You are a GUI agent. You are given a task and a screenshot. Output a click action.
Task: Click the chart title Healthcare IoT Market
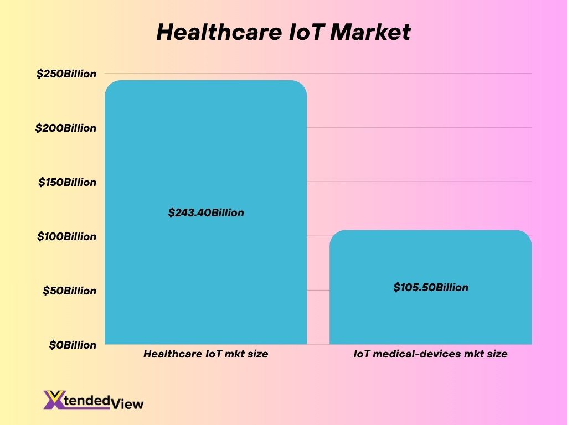pyautogui.click(x=283, y=32)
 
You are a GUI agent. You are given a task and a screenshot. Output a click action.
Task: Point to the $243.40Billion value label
pyautogui.click(x=206, y=212)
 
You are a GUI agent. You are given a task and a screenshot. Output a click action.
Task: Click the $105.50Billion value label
pyautogui.click(x=431, y=287)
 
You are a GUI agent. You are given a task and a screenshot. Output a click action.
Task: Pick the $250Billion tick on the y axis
pyautogui.click(x=66, y=74)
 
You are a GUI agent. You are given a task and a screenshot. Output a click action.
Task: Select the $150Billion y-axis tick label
pyautogui.click(x=67, y=182)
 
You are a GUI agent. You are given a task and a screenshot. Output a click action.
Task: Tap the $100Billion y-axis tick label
pyautogui.click(x=66, y=236)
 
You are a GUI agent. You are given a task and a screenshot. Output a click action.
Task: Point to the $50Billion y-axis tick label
pyautogui.click(x=69, y=291)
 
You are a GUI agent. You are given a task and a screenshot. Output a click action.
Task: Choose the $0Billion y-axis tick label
pyautogui.click(x=72, y=345)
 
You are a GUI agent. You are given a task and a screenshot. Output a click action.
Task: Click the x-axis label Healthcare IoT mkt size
pyautogui.click(x=205, y=354)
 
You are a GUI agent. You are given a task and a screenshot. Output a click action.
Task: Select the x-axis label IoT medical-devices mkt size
pyautogui.click(x=430, y=354)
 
